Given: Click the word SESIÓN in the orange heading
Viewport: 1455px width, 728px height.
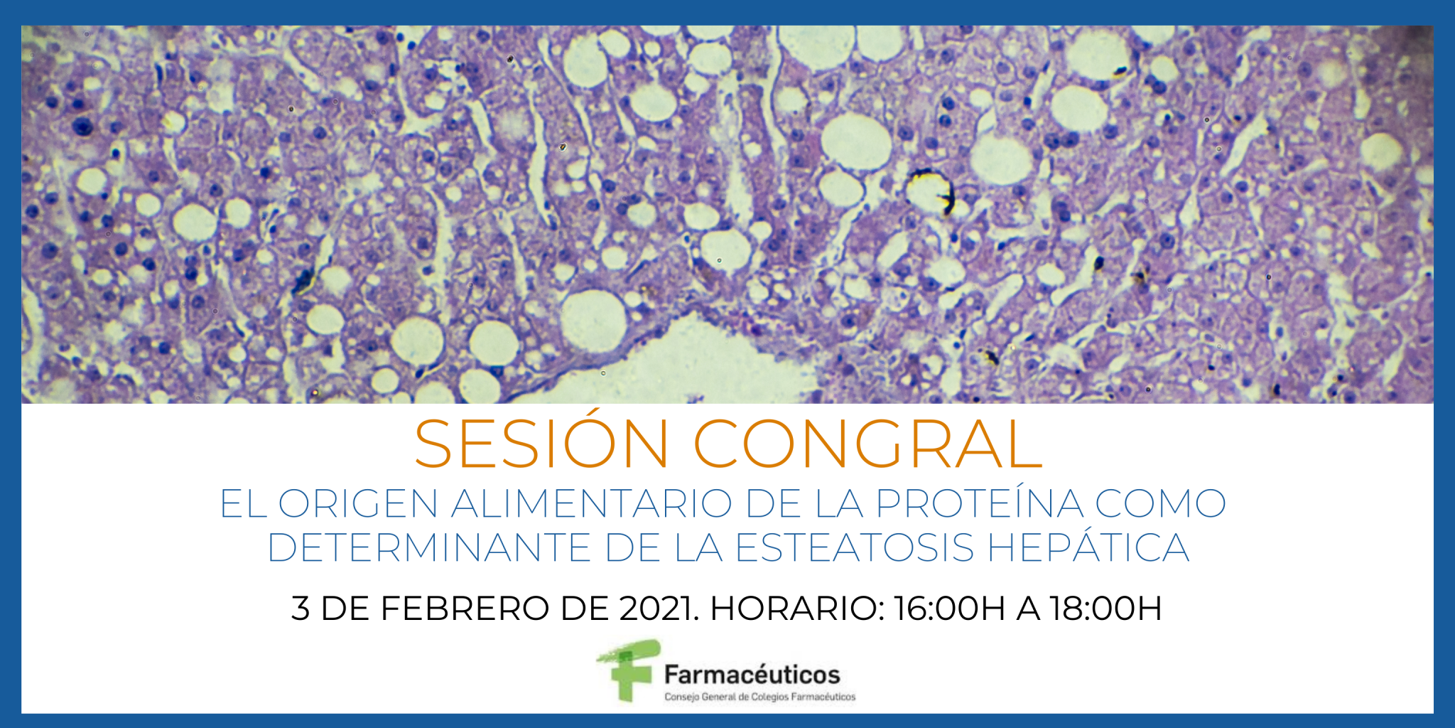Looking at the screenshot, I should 541,444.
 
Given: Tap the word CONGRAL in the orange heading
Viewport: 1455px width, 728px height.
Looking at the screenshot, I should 867,444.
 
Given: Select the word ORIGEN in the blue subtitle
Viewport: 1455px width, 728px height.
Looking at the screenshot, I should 357,503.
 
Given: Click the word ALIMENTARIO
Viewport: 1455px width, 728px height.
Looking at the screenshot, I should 591,503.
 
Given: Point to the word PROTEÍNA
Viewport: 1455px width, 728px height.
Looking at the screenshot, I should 980,503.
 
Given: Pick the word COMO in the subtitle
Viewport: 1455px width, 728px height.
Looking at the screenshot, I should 1160,503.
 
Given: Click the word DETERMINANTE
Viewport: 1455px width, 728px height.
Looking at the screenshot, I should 429,547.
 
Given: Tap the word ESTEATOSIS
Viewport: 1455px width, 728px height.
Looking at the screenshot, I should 855,547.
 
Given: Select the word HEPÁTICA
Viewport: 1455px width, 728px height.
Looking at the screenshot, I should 1088,547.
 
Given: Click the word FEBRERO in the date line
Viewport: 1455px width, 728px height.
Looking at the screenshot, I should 465,609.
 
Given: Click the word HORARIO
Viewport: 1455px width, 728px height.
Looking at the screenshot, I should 796,609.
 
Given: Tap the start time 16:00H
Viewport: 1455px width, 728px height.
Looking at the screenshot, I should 949,609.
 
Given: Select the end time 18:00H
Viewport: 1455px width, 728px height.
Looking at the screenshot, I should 1105,609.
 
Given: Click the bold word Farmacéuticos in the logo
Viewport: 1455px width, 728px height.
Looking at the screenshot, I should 752,674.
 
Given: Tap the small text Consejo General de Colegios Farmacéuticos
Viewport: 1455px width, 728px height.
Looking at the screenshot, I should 759,697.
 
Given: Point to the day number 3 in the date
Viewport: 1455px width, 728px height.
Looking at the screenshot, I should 300,609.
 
